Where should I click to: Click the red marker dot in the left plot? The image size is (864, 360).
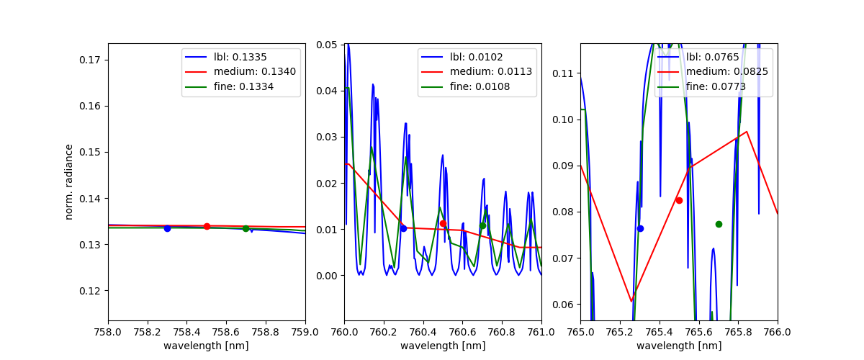coord(207,226)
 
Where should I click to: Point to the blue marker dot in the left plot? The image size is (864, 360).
coord(167,228)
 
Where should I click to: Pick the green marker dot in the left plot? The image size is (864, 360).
coord(246,228)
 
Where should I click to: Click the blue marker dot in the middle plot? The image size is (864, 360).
coord(403,228)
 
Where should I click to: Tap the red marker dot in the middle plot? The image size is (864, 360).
coord(443,223)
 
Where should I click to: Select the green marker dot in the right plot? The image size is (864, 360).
coord(719,224)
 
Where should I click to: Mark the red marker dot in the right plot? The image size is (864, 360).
coord(679,200)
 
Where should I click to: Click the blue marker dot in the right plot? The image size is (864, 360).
coord(640,228)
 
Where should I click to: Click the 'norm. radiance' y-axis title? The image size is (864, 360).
coord(70,181)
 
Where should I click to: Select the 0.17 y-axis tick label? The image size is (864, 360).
coord(91,60)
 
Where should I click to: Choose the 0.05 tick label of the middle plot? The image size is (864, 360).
coord(328,45)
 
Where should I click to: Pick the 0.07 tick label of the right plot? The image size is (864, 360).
coord(564,258)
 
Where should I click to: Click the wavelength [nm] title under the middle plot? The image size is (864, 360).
coord(443,346)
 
